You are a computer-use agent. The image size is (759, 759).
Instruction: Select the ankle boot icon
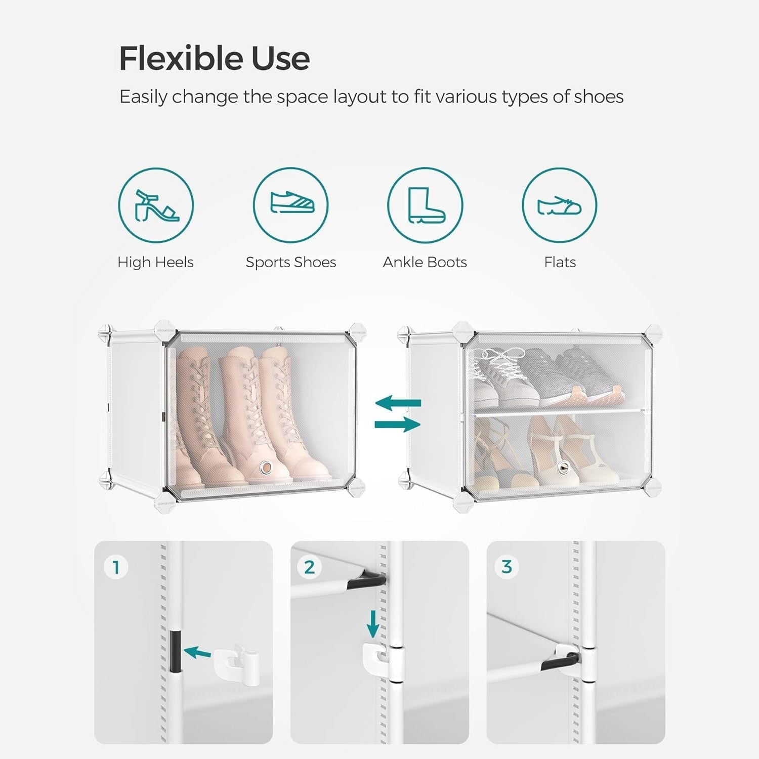click(x=425, y=205)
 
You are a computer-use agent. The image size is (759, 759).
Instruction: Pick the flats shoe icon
click(x=560, y=205)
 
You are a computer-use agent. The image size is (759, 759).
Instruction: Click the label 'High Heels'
click(x=155, y=262)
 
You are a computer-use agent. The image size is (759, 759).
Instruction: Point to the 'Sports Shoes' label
click(x=291, y=262)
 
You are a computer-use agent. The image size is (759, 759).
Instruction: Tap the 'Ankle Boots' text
click(x=425, y=262)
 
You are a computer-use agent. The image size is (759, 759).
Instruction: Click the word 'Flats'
click(x=560, y=262)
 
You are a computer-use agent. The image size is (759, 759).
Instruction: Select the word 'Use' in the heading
click(x=280, y=59)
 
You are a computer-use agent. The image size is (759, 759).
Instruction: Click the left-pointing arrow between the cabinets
click(x=398, y=403)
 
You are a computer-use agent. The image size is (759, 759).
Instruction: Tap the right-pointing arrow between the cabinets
click(x=398, y=425)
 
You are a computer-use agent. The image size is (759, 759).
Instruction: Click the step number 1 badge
click(x=116, y=567)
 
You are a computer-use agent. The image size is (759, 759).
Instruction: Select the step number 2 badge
click(x=309, y=567)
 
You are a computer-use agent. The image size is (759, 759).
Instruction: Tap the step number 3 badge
click(x=507, y=567)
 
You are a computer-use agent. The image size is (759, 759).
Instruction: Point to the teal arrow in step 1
click(x=197, y=653)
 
